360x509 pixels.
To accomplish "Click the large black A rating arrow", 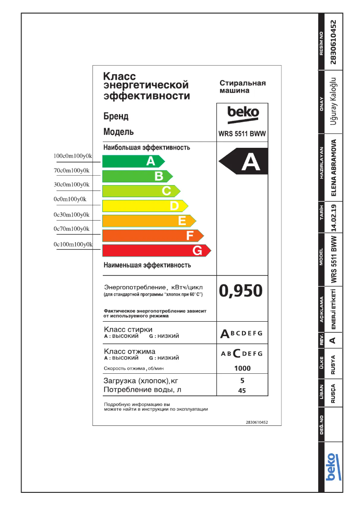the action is [242, 162].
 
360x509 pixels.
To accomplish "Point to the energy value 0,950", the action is [241, 291].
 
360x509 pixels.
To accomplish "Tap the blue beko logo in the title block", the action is [330, 467].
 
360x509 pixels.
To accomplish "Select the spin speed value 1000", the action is [242, 368].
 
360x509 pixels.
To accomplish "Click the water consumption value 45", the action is [242, 390].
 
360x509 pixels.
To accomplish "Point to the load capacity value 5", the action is [242, 381].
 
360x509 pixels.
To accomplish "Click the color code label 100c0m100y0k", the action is [73, 156].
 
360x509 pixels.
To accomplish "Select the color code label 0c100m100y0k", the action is [73, 244].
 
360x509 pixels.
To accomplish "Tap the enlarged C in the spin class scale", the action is [237, 353].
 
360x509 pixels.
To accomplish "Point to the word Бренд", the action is [116, 116].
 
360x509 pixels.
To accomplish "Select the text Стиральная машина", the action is [242, 87].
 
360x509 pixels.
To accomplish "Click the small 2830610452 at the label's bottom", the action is [257, 422].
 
